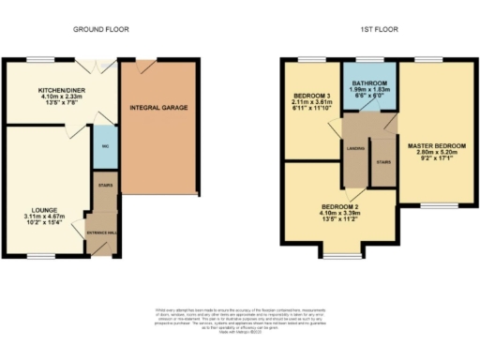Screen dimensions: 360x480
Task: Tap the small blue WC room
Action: [103, 146]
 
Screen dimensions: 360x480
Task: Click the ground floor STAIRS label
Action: [103, 186]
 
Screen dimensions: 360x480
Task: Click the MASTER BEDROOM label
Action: [436, 145]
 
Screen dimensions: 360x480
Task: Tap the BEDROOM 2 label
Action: [340, 205]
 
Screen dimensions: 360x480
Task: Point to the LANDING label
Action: [355, 148]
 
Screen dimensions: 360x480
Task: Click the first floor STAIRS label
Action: [382, 160]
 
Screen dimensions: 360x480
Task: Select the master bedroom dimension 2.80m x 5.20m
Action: [436, 153]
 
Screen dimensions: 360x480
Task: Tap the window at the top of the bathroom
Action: [368, 61]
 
